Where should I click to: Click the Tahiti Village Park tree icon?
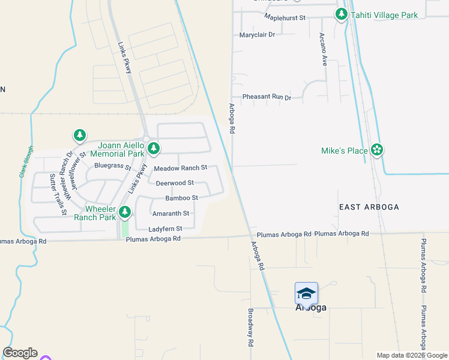[342, 14]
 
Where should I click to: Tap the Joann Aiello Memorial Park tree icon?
[154, 148]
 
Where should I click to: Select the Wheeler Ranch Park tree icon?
[125, 211]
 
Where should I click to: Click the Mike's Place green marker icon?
[377, 150]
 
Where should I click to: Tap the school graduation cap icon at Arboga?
[306, 293]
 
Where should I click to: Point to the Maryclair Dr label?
[257, 35]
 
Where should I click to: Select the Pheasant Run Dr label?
[267, 97]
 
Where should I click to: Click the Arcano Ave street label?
[323, 49]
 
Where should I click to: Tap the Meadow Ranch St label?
[181, 168]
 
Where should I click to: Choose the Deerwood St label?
[175, 183]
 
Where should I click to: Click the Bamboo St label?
[182, 198]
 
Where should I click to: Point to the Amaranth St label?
[171, 213]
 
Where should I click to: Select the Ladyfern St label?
[166, 229]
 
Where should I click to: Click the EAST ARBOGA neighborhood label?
[369, 207]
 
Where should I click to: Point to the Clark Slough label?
[24, 164]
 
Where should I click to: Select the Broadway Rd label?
[250, 328]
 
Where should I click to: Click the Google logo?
[20, 353]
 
